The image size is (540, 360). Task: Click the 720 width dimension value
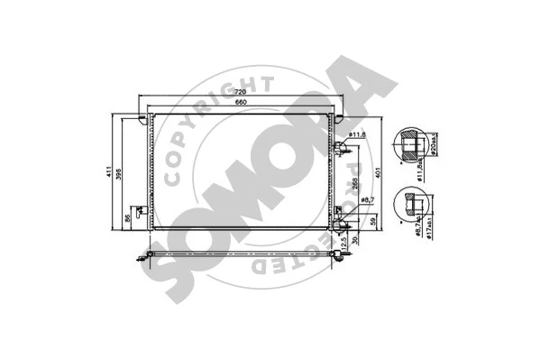point(241,93)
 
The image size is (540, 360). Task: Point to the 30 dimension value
point(358,240)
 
